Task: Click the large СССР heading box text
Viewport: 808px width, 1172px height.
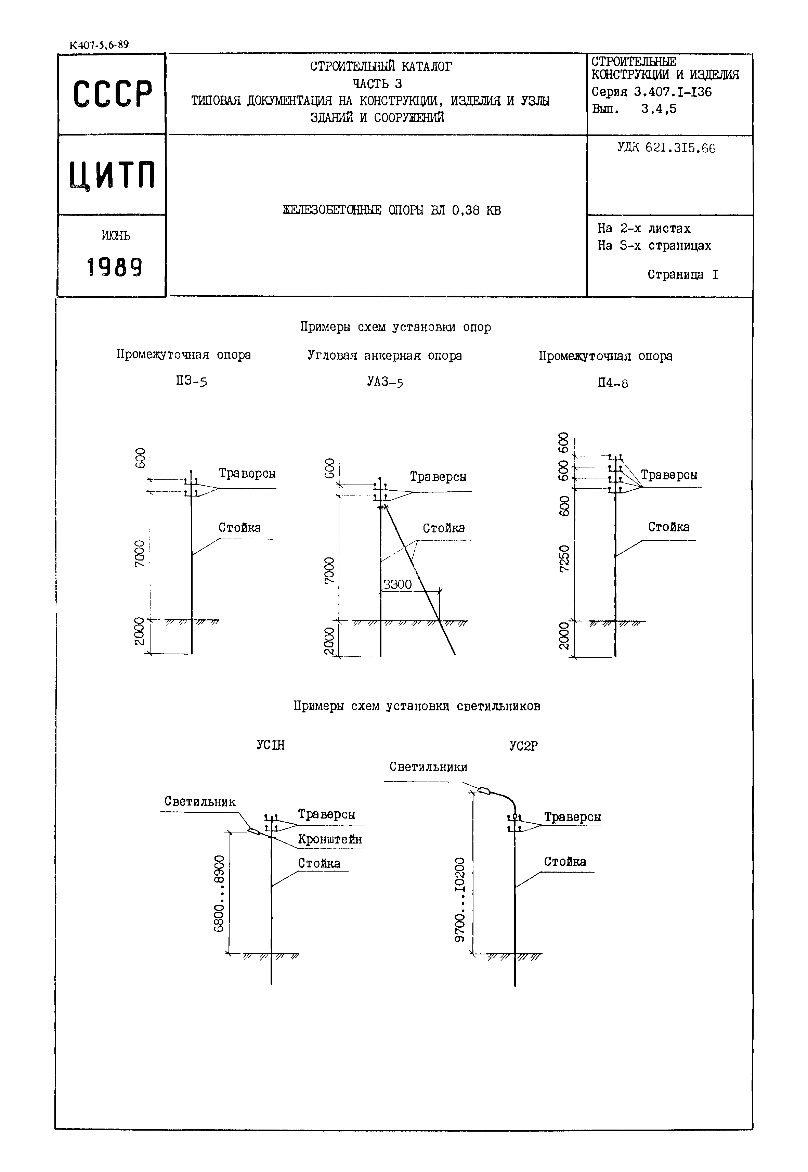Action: click(x=113, y=94)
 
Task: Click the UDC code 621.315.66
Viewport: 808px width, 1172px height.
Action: click(x=666, y=149)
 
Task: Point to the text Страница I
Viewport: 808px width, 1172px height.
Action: click(x=682, y=274)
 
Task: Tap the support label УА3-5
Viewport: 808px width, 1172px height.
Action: click(x=385, y=382)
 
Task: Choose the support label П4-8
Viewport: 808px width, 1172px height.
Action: click(x=613, y=383)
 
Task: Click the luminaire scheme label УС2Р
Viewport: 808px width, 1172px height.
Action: click(x=523, y=746)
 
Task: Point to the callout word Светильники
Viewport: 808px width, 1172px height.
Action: click(x=428, y=767)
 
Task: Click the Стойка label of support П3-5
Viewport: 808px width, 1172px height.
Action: click(x=239, y=528)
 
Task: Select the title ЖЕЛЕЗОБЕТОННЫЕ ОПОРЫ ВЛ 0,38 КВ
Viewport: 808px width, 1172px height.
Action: click(x=391, y=210)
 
